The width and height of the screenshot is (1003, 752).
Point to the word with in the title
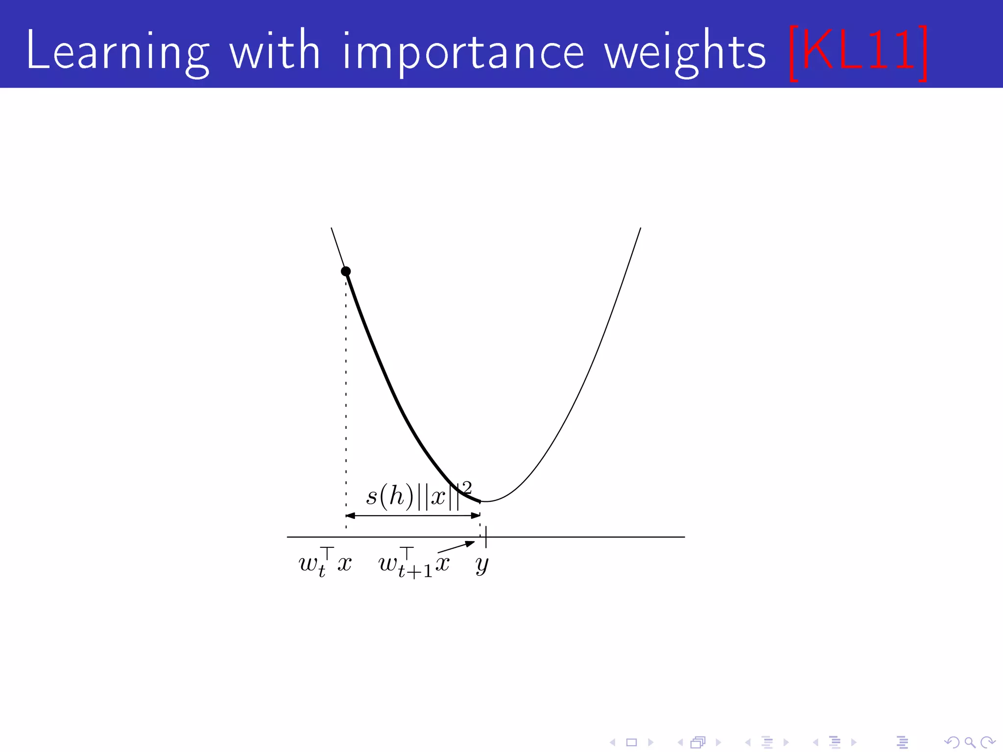tap(275, 50)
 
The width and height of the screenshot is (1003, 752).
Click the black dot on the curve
tap(346, 271)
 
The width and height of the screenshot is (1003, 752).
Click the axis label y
tap(482, 564)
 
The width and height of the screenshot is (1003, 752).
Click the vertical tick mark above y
tap(486, 537)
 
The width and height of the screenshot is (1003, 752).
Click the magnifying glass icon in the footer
tap(969, 743)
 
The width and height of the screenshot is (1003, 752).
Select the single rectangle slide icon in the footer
tap(631, 743)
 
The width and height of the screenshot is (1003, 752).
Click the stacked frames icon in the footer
tap(698, 743)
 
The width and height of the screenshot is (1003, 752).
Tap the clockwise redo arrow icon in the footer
tap(987, 743)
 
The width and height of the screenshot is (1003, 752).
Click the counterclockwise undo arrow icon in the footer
tap(951, 743)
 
